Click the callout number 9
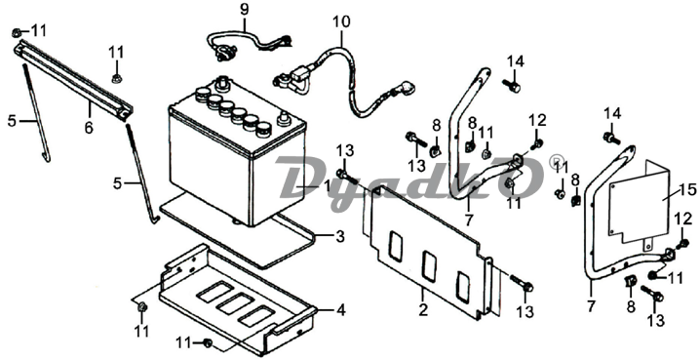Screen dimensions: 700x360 244,10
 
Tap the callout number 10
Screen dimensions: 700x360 341,21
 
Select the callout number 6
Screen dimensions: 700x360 90,128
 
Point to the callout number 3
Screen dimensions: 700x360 340,236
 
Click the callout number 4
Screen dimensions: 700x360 340,310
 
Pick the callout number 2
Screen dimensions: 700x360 423,309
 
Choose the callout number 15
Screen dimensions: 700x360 687,190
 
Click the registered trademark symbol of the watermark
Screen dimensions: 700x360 556,159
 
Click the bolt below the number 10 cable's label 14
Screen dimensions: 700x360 511,85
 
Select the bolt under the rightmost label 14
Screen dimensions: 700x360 611,138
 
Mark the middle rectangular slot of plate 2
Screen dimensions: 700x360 429,266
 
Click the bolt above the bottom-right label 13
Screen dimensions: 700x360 651,293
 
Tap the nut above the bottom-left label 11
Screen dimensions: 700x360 142,307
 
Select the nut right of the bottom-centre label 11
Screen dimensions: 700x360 208,342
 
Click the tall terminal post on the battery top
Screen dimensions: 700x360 219,84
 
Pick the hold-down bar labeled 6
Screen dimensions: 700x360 73,80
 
